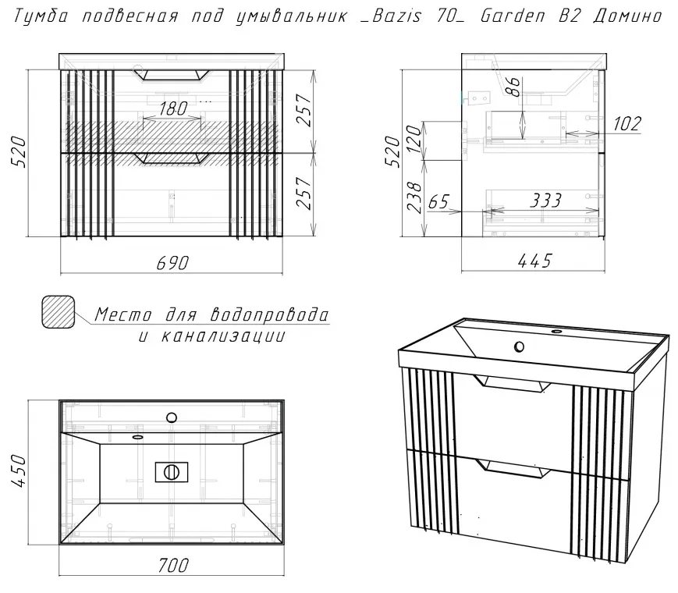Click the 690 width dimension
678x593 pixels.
(172, 263)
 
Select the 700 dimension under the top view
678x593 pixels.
(173, 566)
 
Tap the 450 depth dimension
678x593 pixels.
(20, 471)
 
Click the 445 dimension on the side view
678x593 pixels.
(534, 261)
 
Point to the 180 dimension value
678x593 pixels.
(172, 108)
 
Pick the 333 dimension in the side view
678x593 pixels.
(545, 201)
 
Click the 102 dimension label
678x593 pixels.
(627, 124)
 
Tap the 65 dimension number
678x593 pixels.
(439, 201)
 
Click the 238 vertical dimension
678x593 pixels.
(414, 197)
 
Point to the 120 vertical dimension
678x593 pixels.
(414, 138)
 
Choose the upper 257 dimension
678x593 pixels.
(304, 110)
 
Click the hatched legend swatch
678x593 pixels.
(58, 312)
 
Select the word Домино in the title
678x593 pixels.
(627, 16)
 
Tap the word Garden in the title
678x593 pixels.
(513, 16)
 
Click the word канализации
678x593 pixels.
(223, 336)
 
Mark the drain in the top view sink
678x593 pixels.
(172, 472)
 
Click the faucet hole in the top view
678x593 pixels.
(172, 417)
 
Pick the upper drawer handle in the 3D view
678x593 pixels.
(512, 384)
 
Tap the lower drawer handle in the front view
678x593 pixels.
(171, 158)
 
